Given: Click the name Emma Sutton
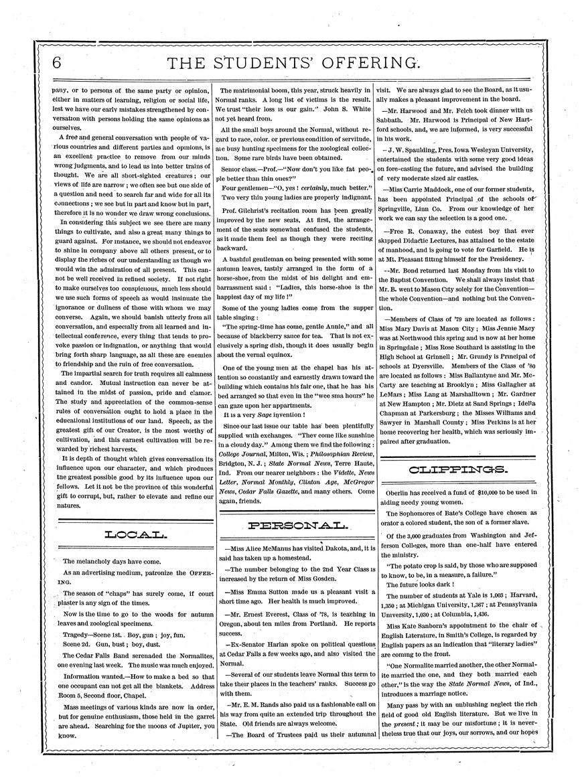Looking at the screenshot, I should click(275, 592).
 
